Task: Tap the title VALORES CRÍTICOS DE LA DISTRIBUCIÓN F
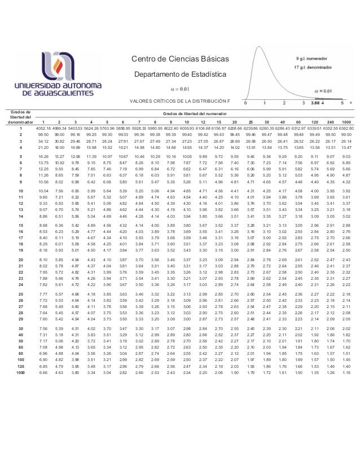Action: (180, 101)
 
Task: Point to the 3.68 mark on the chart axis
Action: (316, 104)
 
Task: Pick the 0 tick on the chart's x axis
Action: (246, 104)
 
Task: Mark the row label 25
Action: (21, 294)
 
